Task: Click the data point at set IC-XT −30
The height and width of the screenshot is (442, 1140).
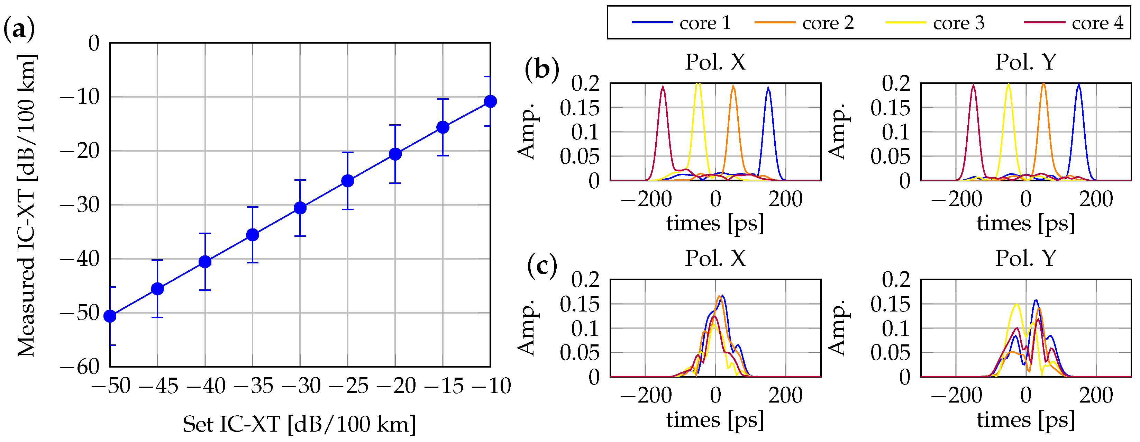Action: click(x=300, y=208)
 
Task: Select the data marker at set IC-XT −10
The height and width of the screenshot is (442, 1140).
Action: click(x=490, y=101)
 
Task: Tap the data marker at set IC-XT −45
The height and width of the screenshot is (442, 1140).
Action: click(x=157, y=289)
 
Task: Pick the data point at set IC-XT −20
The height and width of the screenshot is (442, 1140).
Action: click(x=395, y=154)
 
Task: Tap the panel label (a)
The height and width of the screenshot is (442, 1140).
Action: click(x=19, y=29)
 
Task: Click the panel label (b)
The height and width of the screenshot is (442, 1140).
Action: click(x=542, y=69)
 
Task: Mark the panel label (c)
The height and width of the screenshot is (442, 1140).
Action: click(x=542, y=266)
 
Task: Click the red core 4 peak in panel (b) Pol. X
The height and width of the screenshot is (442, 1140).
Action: click(x=663, y=87)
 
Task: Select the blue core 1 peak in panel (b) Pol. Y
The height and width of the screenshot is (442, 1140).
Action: click(x=1079, y=85)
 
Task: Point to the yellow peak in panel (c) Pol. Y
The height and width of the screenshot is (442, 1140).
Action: click(x=1017, y=304)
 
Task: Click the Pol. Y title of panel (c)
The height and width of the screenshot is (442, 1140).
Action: click(x=1025, y=258)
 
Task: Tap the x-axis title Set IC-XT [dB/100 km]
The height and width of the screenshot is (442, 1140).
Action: click(x=299, y=424)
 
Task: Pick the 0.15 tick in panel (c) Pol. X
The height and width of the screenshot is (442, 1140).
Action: click(x=579, y=304)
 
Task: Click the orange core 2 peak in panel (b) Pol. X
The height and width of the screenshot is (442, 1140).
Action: click(x=733, y=87)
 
